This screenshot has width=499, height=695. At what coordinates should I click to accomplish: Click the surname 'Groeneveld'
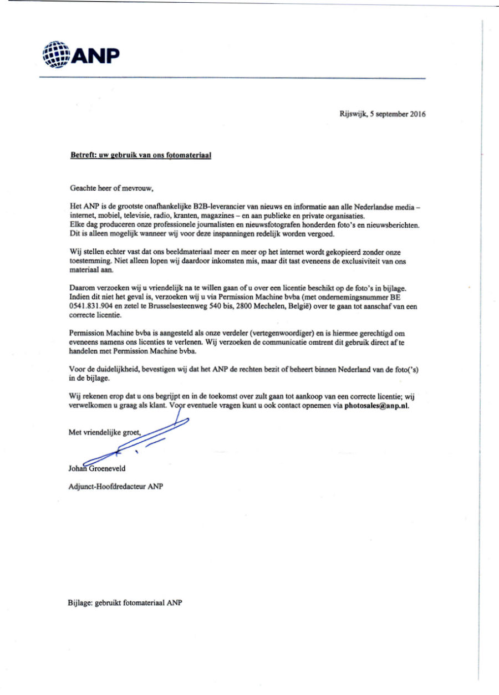click(110, 468)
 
